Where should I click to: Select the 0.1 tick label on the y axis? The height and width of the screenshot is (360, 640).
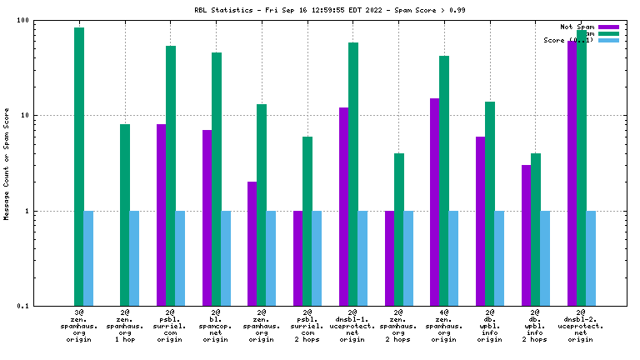point(22,306)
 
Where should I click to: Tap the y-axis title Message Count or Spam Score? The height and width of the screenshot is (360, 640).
point(7,163)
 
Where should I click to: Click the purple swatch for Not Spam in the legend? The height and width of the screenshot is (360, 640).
point(608,27)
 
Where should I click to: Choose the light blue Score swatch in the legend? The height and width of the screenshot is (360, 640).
point(608,40)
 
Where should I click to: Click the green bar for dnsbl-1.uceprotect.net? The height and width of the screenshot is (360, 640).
point(353,174)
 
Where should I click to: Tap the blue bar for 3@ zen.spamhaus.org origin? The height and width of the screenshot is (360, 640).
point(88,258)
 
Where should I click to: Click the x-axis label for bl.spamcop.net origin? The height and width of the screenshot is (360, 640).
point(215,325)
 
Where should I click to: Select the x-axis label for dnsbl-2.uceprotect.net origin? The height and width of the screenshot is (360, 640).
point(580,325)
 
